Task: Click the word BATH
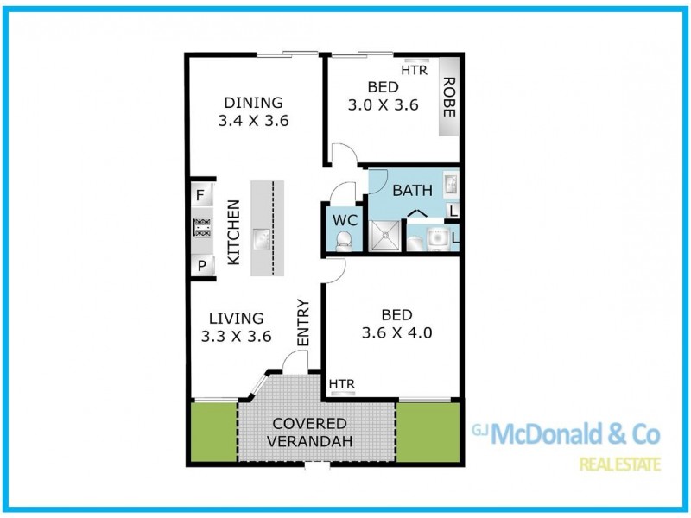click(x=413, y=190)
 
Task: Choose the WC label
click(x=345, y=219)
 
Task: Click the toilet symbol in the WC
click(x=345, y=242)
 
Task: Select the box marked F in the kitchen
click(x=200, y=195)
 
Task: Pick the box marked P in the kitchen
click(x=200, y=266)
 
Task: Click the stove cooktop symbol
click(x=201, y=227)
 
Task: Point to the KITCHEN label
click(x=233, y=232)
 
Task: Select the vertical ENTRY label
click(x=302, y=323)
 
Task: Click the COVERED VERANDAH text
click(x=309, y=433)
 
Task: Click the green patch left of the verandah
click(x=212, y=432)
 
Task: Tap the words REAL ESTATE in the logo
click(x=620, y=464)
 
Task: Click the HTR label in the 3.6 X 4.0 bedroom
click(x=342, y=383)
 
